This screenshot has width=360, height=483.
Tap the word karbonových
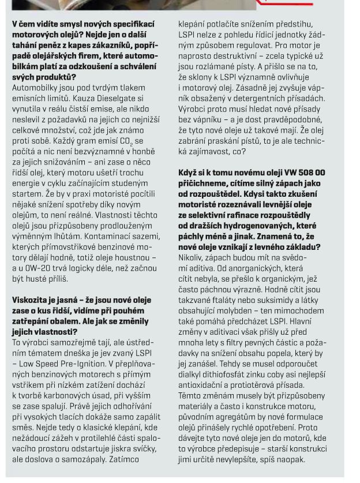click(x=76, y=396)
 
